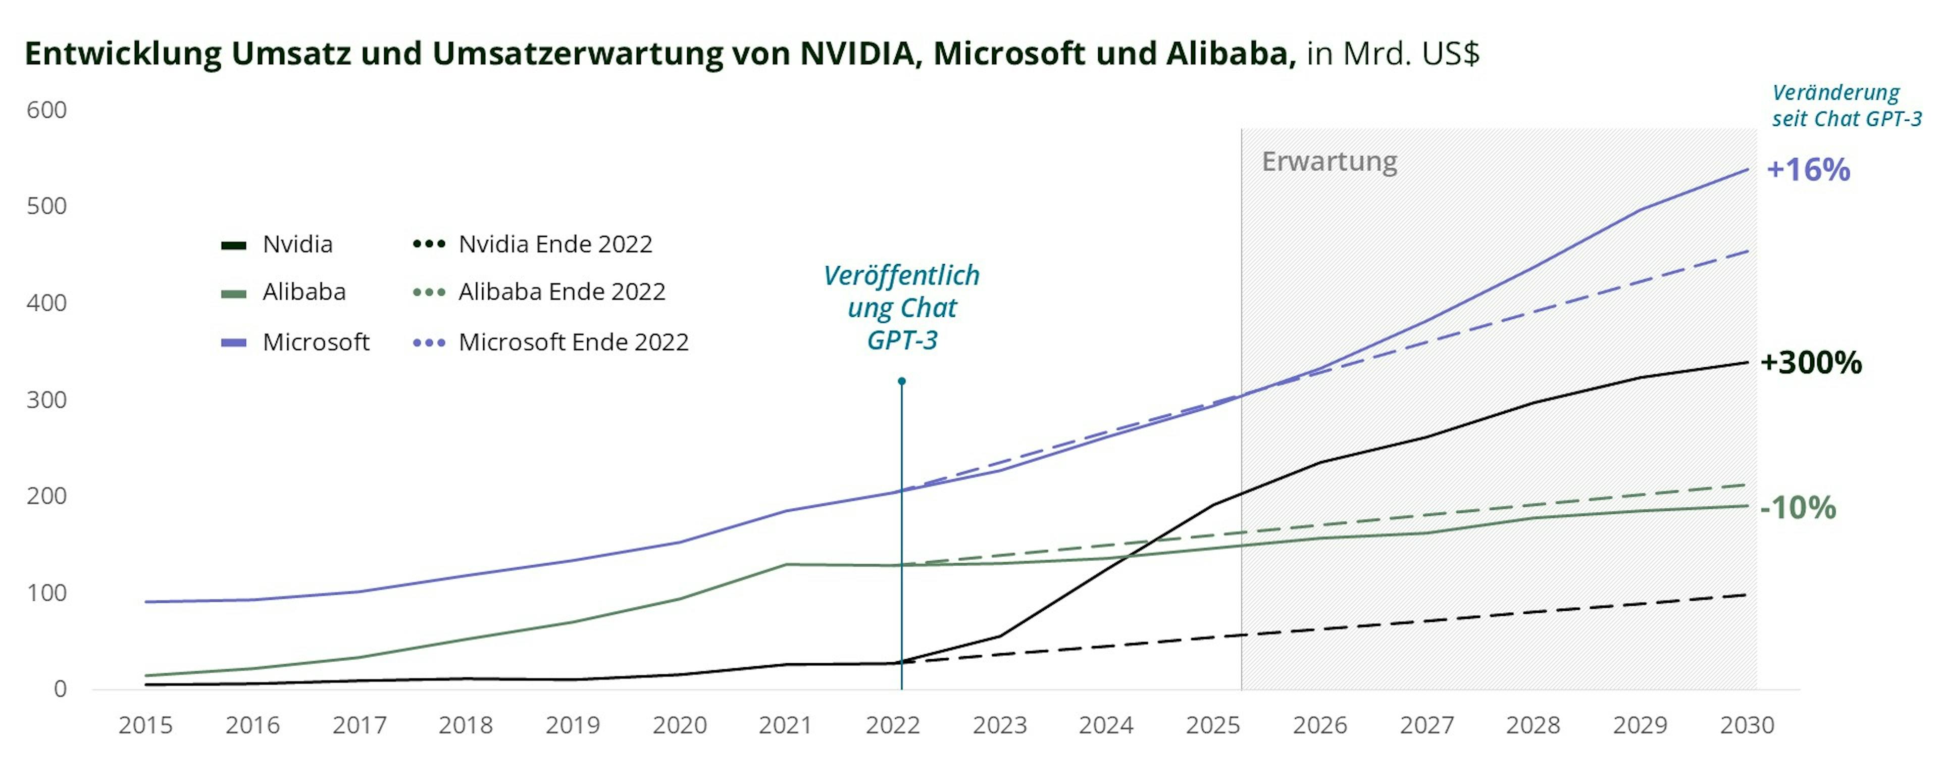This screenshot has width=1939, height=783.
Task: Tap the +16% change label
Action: click(1808, 170)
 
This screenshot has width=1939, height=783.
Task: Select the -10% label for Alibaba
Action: click(1798, 508)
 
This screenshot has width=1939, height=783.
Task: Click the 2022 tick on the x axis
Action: click(893, 725)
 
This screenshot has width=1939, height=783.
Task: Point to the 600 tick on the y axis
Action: click(46, 110)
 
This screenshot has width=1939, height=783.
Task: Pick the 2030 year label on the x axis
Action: click(1747, 725)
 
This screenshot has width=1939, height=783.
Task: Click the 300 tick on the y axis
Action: click(46, 400)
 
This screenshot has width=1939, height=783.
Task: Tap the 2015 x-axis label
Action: click(145, 725)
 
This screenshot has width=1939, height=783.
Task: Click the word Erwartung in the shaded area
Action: click(1330, 161)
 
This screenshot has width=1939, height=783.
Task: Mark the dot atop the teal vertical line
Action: click(902, 381)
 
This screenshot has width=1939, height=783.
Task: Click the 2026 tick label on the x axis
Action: click(1319, 725)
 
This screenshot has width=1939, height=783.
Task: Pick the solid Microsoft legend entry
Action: click(316, 342)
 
